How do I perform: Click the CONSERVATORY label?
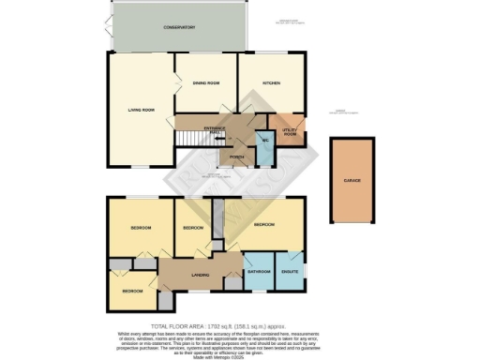[179, 28]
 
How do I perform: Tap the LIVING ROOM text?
[142, 110]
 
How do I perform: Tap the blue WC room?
[264, 141]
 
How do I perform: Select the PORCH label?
[224, 157]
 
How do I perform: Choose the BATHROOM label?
[259, 273]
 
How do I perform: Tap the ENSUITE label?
[290, 273]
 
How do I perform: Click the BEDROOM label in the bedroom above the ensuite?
[264, 225]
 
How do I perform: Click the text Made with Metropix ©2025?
[239, 354]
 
